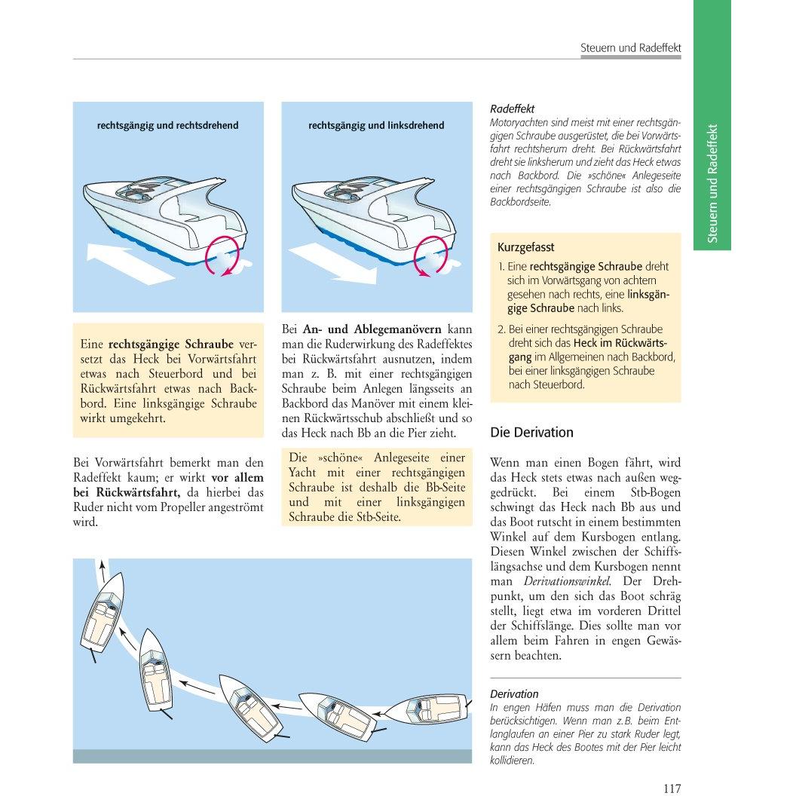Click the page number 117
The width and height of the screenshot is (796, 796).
[672, 788]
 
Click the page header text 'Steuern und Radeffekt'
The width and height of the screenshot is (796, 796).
[630, 47]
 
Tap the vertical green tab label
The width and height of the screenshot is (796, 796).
[712, 183]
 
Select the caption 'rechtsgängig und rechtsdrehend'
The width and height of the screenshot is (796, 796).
[167, 125]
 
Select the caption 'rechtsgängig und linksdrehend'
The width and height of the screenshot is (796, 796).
[376, 125]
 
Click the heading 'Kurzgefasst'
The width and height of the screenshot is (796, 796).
[525, 247]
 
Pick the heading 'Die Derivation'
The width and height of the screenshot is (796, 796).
[531, 432]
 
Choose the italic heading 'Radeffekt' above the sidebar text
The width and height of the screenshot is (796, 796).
[513, 109]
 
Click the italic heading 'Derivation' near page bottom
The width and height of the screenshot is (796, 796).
[514, 694]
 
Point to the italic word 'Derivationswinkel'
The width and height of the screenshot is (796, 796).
[567, 581]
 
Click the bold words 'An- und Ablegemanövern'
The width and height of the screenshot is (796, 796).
[372, 329]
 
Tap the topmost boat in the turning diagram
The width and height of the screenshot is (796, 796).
[102, 612]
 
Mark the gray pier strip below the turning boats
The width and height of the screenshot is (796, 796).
[272, 756]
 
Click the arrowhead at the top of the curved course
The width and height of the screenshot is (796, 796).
[102, 565]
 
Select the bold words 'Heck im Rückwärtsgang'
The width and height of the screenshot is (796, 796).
[589, 350]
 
